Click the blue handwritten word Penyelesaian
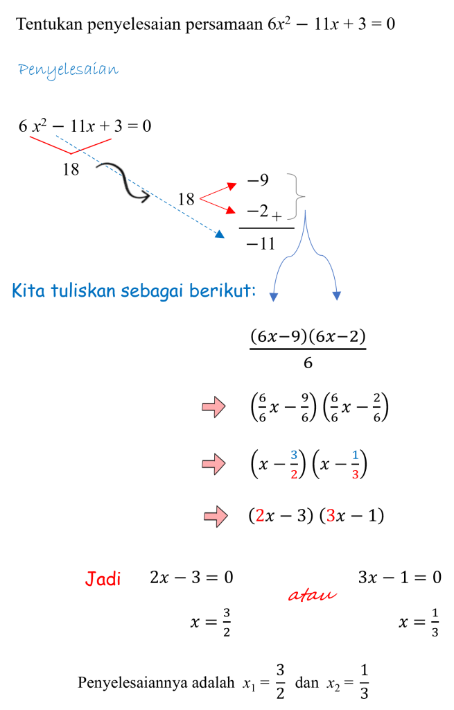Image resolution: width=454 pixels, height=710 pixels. pyautogui.click(x=69, y=70)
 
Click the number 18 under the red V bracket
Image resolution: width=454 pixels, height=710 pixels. pyautogui.click(x=71, y=169)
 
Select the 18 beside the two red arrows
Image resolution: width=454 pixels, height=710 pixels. pyautogui.click(x=186, y=199)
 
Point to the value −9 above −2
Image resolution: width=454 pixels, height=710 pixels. pyautogui.click(x=258, y=180)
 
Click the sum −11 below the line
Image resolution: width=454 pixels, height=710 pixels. pyautogui.click(x=261, y=243)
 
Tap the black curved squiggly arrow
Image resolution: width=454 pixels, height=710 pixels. pyautogui.click(x=123, y=182)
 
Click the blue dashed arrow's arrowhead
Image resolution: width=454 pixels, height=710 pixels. pyautogui.click(x=220, y=234)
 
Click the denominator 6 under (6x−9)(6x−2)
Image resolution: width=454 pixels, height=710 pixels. pyautogui.click(x=308, y=363)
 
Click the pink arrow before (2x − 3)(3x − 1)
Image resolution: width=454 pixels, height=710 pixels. pyautogui.click(x=216, y=516)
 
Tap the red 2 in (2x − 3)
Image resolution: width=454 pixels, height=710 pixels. pyautogui.click(x=260, y=516)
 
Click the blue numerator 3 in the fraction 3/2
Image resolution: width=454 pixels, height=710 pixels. pyautogui.click(x=294, y=455)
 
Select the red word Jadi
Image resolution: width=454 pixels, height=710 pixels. pyautogui.click(x=103, y=579)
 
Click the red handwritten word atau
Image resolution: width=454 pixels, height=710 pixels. pyautogui.click(x=313, y=594)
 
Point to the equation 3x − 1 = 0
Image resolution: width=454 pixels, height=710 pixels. pyautogui.click(x=400, y=578)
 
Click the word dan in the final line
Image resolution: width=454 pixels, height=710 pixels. pyautogui.click(x=306, y=682)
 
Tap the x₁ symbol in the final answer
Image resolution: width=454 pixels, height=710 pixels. pyautogui.click(x=249, y=684)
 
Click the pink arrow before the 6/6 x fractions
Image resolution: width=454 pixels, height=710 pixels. pyautogui.click(x=213, y=406)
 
